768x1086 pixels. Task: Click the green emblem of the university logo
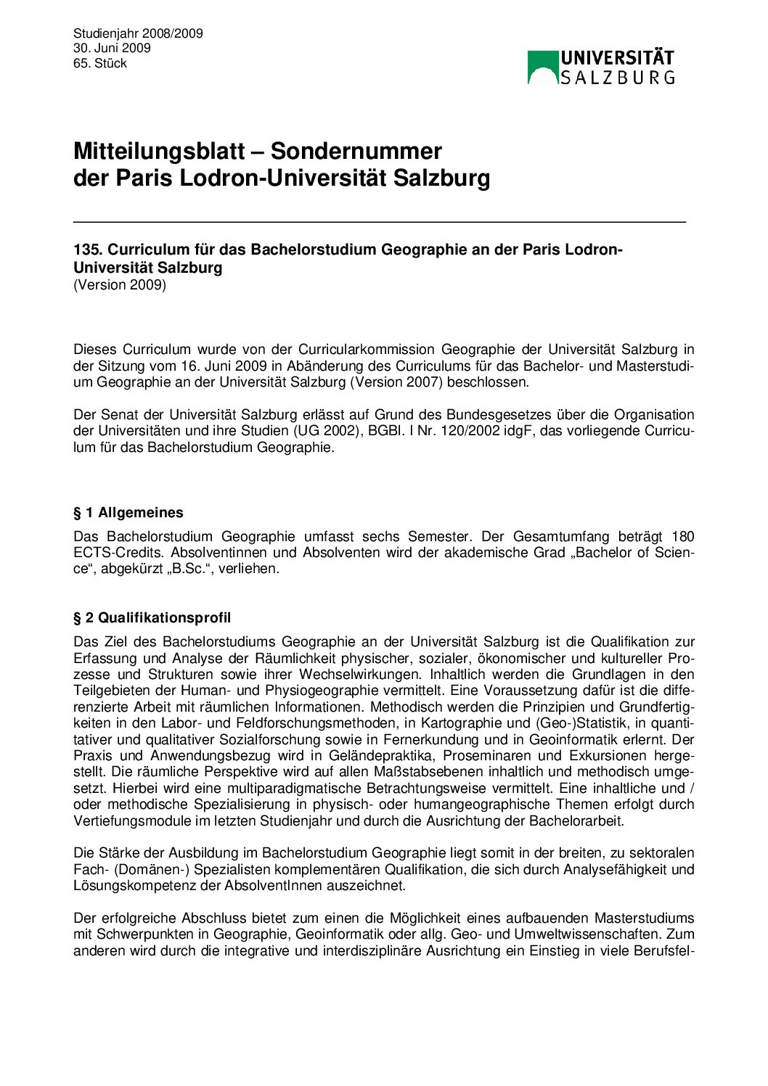(542, 67)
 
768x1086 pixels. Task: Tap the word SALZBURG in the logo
(617, 77)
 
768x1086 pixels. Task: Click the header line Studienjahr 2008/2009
(138, 33)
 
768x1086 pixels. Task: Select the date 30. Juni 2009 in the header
(112, 48)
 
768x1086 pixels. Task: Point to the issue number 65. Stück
(100, 63)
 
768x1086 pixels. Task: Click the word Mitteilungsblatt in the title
(168, 151)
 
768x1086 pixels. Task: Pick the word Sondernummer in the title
(356, 151)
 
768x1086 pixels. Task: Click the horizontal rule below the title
(379, 221)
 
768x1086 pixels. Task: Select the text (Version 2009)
(120, 284)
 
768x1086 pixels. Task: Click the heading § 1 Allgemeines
(128, 513)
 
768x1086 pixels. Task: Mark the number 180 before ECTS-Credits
(682, 537)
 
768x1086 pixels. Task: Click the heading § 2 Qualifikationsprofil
(152, 618)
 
